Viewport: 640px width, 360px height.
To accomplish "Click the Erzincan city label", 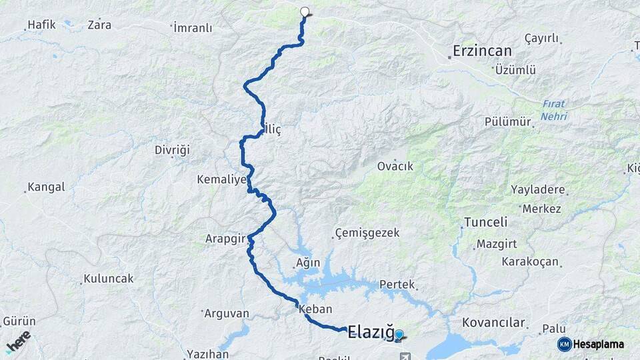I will click(482, 51).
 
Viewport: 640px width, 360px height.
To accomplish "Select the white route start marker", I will click(305, 11).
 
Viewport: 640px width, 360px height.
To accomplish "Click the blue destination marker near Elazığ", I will click(399, 335).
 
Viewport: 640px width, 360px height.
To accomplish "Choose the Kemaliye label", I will click(222, 179).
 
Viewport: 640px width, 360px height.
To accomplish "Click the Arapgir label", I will click(225, 238).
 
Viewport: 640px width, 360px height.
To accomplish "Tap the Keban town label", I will click(315, 309).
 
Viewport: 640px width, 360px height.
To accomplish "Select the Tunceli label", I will click(485, 222).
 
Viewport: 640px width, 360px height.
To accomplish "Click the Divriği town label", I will click(173, 149).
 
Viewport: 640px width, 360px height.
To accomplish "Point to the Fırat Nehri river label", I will click(554, 110).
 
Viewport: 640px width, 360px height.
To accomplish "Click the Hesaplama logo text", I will click(599, 344).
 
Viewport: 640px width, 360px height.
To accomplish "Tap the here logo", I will click(18, 340).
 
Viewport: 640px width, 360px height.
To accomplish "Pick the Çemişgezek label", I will click(367, 233).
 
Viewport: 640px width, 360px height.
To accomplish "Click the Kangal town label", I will click(47, 187).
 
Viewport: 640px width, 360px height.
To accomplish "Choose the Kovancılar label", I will click(493, 323).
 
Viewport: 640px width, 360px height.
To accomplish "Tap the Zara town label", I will click(99, 25).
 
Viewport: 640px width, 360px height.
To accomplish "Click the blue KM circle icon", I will click(564, 344).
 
